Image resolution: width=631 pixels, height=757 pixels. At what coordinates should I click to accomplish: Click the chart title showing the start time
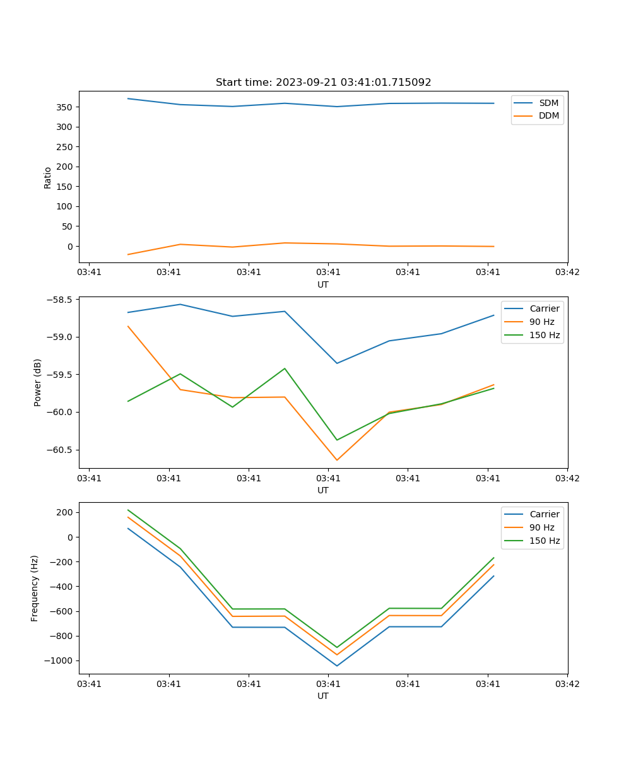[323, 83]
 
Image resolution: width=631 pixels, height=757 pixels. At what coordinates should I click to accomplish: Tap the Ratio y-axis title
[48, 177]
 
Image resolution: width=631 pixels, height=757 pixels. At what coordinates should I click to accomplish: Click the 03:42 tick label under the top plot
[567, 273]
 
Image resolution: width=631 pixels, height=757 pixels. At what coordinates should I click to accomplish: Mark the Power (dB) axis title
[38, 382]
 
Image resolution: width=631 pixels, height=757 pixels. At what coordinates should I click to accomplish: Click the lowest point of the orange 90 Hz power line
[336, 460]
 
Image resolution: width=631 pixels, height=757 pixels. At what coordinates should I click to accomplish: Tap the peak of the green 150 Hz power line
[285, 368]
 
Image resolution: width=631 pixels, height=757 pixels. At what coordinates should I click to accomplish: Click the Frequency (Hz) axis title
[35, 588]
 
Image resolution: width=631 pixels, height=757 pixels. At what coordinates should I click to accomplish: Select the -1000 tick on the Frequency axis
[59, 660]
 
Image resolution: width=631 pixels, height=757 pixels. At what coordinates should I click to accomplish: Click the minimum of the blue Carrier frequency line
[336, 666]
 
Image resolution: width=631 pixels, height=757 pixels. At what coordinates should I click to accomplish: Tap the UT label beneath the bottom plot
[323, 696]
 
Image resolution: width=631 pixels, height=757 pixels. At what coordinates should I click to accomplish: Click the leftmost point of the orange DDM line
[128, 254]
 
